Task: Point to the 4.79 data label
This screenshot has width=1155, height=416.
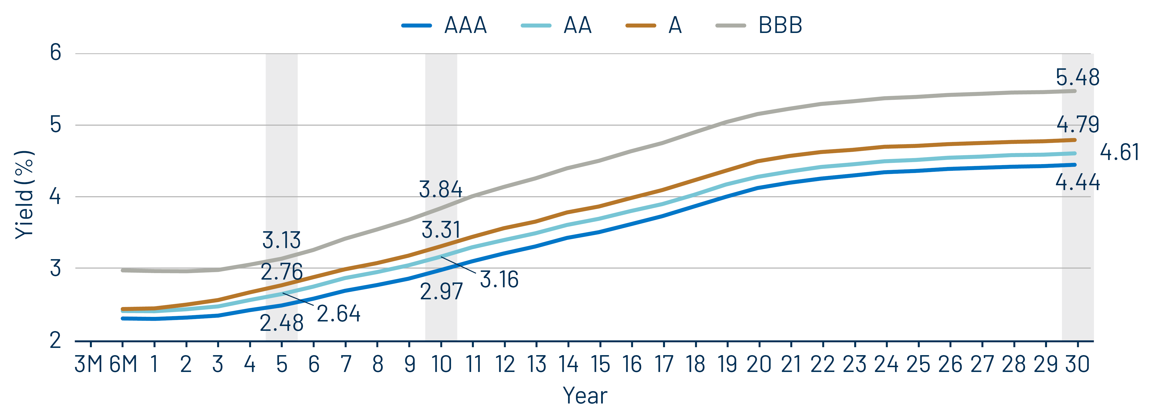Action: (1077, 124)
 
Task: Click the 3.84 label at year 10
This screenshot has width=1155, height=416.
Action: (440, 189)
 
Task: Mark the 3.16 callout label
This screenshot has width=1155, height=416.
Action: (499, 279)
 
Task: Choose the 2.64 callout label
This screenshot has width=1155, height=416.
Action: (338, 314)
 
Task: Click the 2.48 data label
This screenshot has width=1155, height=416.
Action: (282, 323)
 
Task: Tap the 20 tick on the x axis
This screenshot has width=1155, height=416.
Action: (759, 364)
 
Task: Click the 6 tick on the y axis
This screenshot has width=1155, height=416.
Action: (56, 53)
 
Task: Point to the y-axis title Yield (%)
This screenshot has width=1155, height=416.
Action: (25, 195)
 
